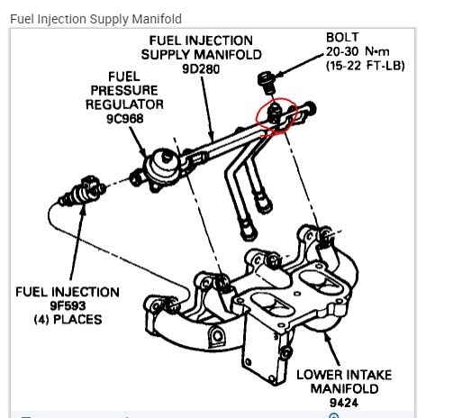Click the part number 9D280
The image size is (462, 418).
click(x=201, y=69)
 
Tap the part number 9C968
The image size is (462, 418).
click(x=125, y=119)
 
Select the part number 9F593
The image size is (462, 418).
click(x=68, y=305)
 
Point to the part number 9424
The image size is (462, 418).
click(x=344, y=403)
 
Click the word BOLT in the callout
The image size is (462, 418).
click(x=342, y=38)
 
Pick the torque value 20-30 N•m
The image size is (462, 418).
click(x=358, y=51)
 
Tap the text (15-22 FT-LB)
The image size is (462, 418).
click(x=366, y=66)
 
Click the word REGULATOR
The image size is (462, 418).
click(x=124, y=104)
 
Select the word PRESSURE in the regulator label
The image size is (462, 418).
click(x=124, y=90)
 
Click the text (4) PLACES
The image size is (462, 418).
click(x=68, y=320)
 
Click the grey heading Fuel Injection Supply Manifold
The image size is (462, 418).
click(x=95, y=19)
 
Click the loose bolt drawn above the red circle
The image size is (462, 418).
click(x=267, y=83)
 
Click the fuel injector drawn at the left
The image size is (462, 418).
click(x=82, y=192)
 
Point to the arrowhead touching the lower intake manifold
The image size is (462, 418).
click(x=327, y=338)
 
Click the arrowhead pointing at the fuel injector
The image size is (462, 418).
click(x=83, y=209)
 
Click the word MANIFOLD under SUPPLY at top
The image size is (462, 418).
click(x=228, y=55)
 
